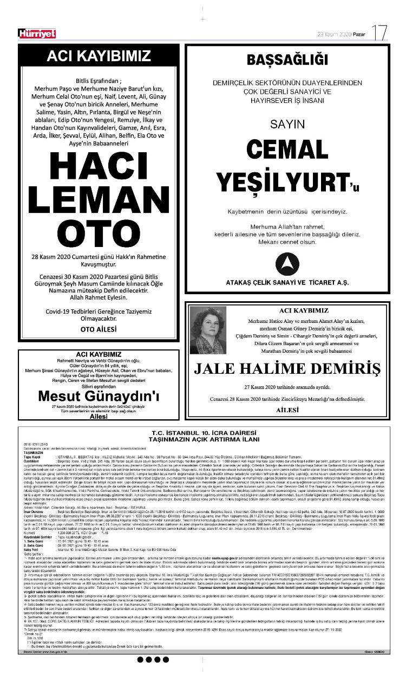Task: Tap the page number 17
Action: [x=380, y=33]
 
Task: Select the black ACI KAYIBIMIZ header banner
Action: [x=99, y=56]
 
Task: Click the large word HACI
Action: [x=98, y=166]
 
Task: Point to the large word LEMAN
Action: [x=98, y=198]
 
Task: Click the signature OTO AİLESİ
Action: [x=98, y=328]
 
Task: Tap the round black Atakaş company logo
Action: [x=287, y=263]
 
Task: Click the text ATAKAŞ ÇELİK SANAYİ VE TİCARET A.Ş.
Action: [x=287, y=283]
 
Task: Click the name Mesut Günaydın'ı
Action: [x=99, y=397]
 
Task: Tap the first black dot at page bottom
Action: [x=141, y=659]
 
